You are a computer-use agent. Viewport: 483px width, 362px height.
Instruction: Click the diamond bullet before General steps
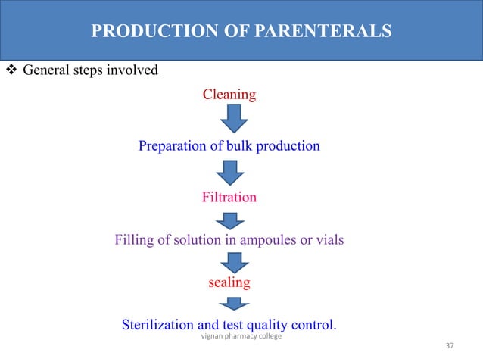tap(11, 71)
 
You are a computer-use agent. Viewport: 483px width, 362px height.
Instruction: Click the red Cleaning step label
tap(229, 95)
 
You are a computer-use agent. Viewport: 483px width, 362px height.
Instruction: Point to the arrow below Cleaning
tap(234, 118)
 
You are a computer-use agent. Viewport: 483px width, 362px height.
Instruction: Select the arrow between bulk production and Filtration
tap(230, 171)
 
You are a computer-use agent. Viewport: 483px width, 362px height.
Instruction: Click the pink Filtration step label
tap(229, 198)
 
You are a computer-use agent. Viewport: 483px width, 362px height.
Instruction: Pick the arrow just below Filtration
tap(230, 220)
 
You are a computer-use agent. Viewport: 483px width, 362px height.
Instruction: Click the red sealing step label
tap(229, 283)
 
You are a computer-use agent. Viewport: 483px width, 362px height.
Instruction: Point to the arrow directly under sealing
tap(234, 303)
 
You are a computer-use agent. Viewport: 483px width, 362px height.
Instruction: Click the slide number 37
tap(450, 346)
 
